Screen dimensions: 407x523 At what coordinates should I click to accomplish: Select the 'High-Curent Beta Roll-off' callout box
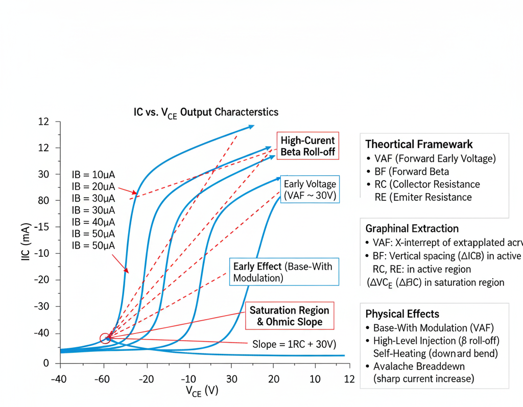[307, 146]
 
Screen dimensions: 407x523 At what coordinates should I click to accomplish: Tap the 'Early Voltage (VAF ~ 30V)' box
[310, 190]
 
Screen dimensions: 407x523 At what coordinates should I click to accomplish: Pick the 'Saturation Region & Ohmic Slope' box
[289, 316]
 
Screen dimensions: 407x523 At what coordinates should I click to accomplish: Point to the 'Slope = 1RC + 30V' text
[294, 344]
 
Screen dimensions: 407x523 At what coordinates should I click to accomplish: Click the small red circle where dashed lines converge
[105, 338]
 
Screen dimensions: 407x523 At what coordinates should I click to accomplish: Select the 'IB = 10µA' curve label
[93, 175]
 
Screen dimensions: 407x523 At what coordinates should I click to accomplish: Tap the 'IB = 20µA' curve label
[93, 186]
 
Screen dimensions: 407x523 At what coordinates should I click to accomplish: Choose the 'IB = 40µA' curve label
[93, 222]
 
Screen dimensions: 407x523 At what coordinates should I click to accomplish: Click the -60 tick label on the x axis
[104, 379]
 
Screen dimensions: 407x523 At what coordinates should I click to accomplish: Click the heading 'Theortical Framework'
[419, 144]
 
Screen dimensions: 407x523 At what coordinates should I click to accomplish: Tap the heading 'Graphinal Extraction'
[412, 228]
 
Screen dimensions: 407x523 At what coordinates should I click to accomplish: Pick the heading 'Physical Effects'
[402, 314]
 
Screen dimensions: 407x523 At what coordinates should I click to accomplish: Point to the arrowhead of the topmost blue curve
[251, 126]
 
